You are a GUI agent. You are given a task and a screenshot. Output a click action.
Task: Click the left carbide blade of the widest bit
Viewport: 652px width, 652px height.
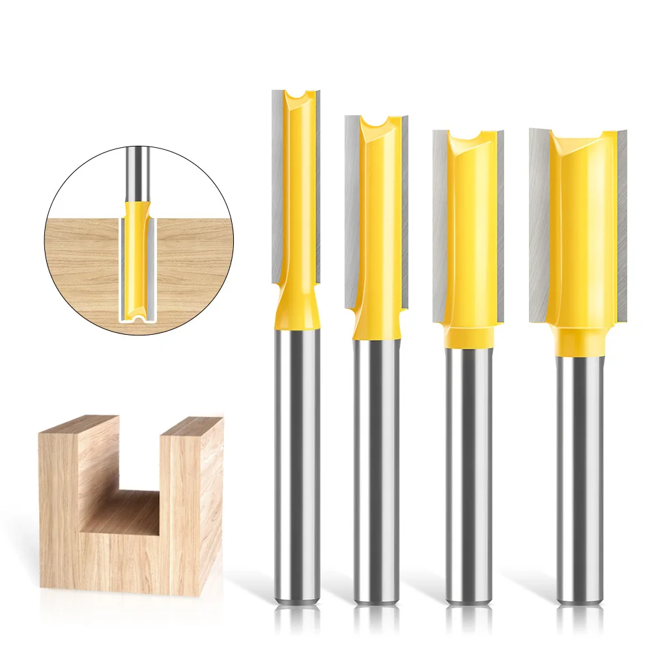539,221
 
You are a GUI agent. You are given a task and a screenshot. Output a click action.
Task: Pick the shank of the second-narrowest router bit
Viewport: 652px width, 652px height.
376,469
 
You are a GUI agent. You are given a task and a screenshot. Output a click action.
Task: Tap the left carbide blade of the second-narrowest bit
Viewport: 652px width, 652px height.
352,208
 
